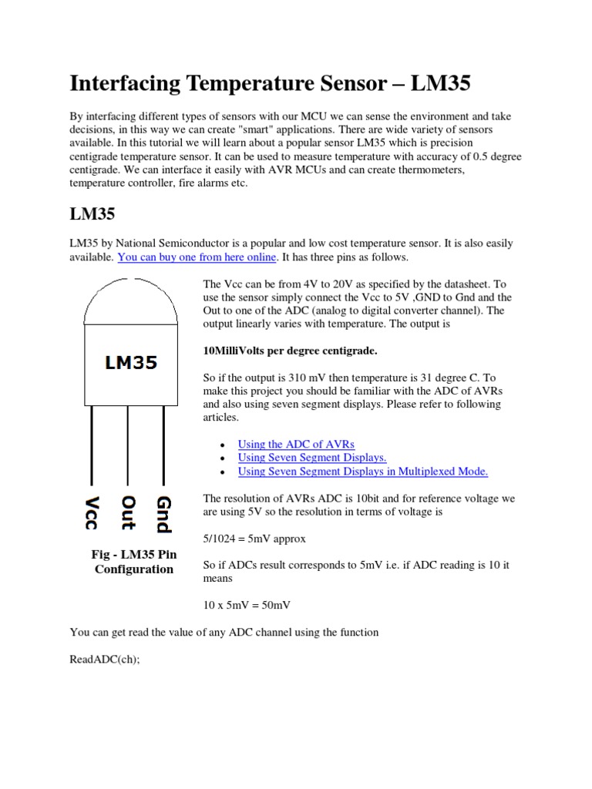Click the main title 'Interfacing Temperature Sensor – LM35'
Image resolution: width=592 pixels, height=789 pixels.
click(270, 83)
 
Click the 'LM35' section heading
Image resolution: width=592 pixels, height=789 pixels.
click(92, 213)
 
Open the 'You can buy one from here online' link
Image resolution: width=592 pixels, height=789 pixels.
click(197, 257)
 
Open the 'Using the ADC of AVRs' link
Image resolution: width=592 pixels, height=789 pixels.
click(296, 444)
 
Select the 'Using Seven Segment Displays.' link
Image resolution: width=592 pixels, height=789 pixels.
click(312, 458)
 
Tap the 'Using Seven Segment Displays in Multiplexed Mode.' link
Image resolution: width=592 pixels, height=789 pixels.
click(363, 472)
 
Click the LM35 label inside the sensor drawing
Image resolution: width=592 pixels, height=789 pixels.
click(131, 362)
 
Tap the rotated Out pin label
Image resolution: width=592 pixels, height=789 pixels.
click(128, 512)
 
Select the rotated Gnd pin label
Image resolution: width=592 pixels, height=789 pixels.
click(163, 514)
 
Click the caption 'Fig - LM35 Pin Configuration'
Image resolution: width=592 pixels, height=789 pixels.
click(133, 562)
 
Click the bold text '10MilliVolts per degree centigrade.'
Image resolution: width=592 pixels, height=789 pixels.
click(289, 351)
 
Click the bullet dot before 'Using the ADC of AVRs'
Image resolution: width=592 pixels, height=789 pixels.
click(222, 445)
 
